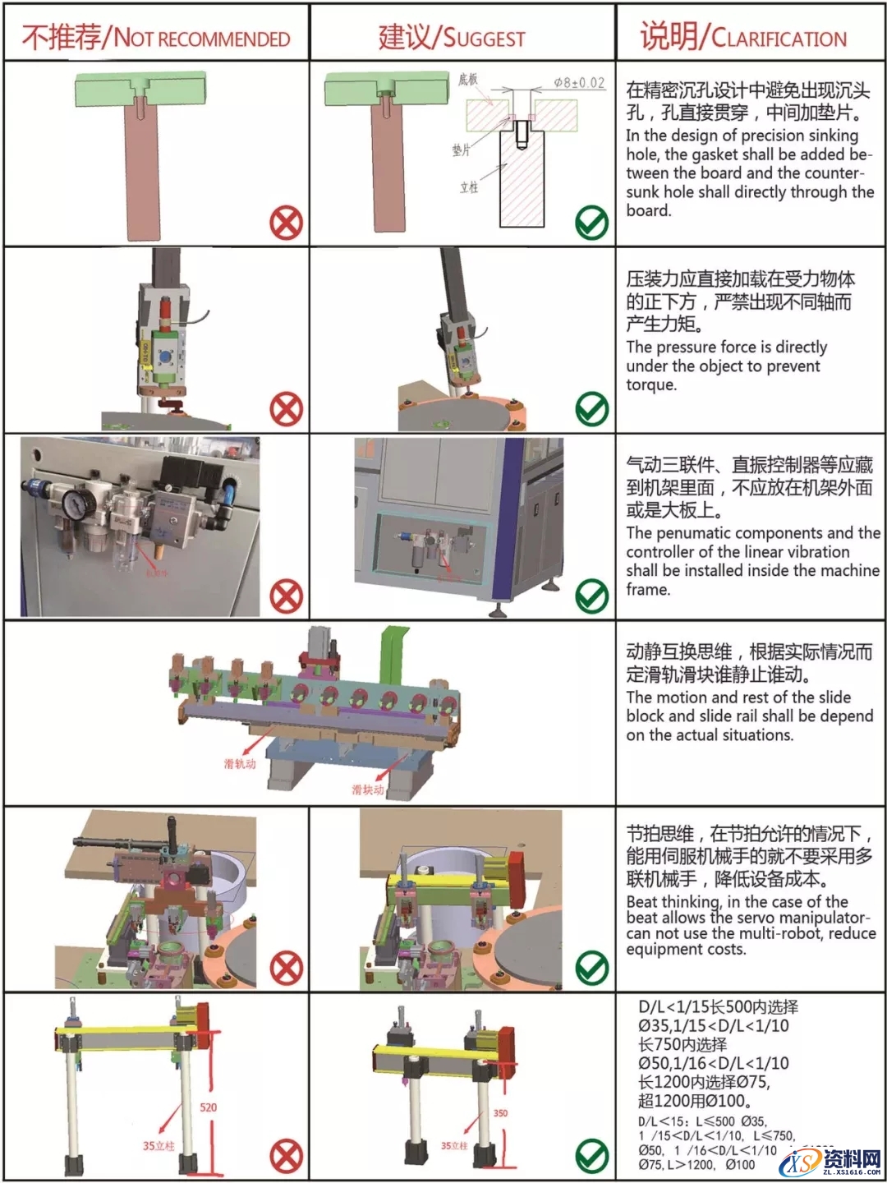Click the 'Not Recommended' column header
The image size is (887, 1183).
click(156, 37)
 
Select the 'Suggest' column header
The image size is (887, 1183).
click(451, 37)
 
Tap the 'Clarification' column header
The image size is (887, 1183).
click(742, 37)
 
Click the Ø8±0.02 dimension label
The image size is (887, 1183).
click(579, 83)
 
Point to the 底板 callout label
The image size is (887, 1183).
click(467, 79)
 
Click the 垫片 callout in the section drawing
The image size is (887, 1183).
click(461, 150)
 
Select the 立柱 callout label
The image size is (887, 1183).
click(468, 187)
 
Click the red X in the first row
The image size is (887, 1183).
click(286, 223)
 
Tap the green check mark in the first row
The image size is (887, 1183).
click(591, 223)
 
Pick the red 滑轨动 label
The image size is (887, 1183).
click(240, 763)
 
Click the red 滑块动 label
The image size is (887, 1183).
click(367, 789)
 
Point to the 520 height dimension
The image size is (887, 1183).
click(209, 1107)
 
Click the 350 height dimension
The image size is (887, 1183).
click(500, 1113)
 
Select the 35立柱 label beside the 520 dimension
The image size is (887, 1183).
click(159, 1145)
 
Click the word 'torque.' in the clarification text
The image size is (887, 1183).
click(651, 384)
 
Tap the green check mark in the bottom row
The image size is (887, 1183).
click(591, 1157)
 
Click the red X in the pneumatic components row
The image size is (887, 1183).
click(286, 596)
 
